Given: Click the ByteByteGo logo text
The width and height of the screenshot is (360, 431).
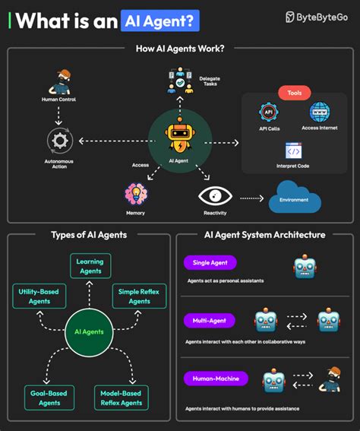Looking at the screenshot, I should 323,17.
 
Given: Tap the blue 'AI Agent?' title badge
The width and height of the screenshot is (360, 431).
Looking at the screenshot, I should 159,20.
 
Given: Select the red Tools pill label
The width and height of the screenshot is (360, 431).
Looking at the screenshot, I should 295,93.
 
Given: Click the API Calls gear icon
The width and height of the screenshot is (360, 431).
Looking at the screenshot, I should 268,113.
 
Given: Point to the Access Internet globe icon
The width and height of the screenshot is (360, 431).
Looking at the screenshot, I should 320,112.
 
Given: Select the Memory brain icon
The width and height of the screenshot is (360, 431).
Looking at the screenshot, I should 136,193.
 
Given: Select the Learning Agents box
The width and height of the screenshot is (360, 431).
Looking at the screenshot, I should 91,266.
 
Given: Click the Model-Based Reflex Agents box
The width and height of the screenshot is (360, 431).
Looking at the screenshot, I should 121,397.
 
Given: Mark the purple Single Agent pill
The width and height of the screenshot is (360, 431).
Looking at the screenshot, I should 210,262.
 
